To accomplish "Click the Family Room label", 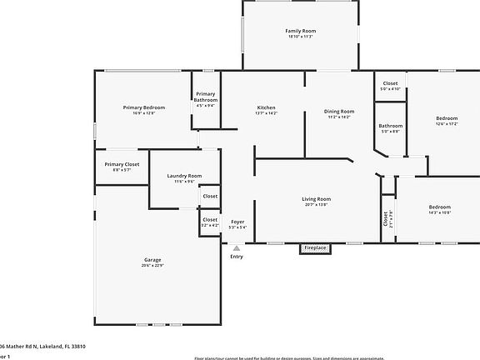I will click(301, 31).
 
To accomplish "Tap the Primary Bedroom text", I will click(144, 107).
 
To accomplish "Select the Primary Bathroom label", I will click(206, 97).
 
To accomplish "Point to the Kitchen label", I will click(266, 107).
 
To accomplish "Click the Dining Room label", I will click(339, 111).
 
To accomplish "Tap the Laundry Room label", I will click(184, 176).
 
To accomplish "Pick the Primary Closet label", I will click(122, 164).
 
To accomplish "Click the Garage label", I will click(152, 260).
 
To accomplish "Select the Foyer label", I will click(237, 221).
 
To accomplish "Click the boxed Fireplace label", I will click(315, 247).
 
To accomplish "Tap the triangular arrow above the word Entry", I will click(237, 247).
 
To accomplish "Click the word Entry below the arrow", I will click(237, 256).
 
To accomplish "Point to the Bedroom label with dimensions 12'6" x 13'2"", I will click(447, 118).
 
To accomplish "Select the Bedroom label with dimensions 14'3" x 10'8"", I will click(439, 207).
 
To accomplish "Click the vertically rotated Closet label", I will click(386, 218).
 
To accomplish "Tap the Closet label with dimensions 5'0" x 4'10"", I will click(390, 83).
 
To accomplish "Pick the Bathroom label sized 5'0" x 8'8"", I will click(390, 126).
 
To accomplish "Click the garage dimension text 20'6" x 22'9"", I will click(152, 266).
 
